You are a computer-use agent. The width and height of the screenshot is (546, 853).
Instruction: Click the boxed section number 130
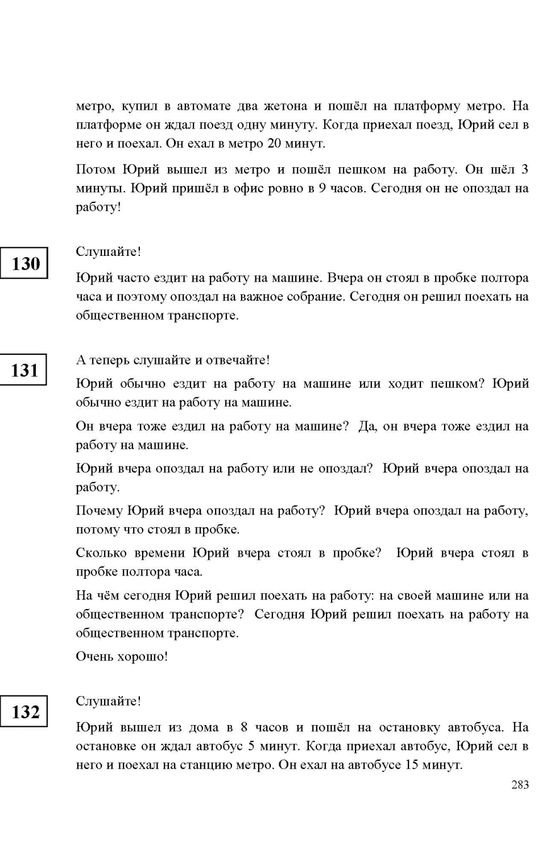pos(26,263)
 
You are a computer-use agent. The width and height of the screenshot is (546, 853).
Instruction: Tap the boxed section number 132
pos(26,712)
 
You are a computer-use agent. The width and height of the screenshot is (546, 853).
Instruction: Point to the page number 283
pos(520,785)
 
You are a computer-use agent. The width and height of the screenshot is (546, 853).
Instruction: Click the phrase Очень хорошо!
pos(122,656)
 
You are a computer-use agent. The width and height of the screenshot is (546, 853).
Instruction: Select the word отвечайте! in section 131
pos(238,360)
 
